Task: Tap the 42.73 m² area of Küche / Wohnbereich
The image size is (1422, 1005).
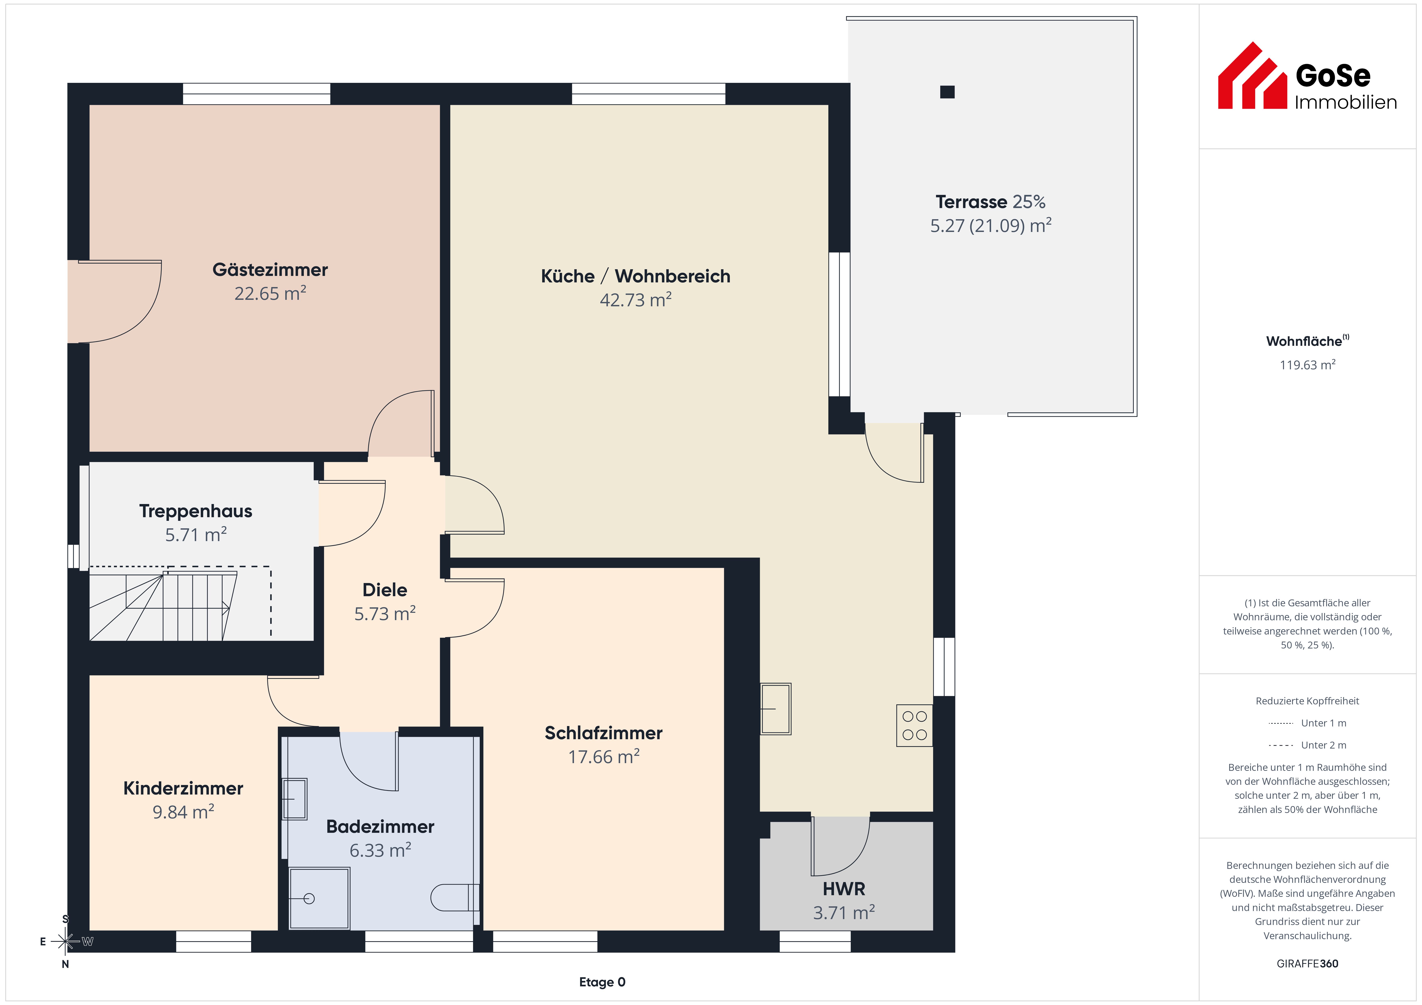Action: tap(635, 300)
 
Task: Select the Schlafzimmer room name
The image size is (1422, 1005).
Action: tap(603, 733)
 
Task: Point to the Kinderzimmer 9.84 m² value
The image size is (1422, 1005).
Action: tap(183, 812)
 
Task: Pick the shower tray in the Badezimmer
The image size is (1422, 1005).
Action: tap(320, 898)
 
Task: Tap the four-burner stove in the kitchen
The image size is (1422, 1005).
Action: tap(914, 726)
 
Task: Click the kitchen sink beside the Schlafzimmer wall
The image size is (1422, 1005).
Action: tap(775, 709)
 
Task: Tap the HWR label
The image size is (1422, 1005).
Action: tap(844, 889)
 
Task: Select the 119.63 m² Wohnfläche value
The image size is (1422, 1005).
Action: tap(1307, 365)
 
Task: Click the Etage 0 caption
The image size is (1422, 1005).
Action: tap(602, 982)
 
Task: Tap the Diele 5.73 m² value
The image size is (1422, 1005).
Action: tap(385, 614)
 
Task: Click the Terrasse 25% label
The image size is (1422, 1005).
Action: tap(990, 202)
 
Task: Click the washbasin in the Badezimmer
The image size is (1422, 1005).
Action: tap(295, 799)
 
